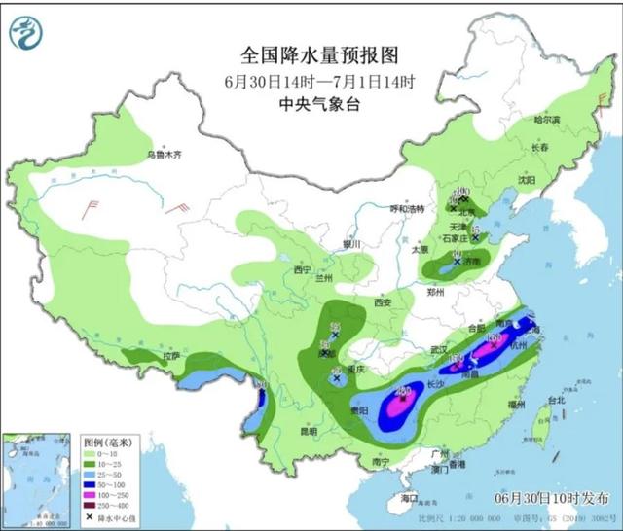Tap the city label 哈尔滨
tap(548, 120)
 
